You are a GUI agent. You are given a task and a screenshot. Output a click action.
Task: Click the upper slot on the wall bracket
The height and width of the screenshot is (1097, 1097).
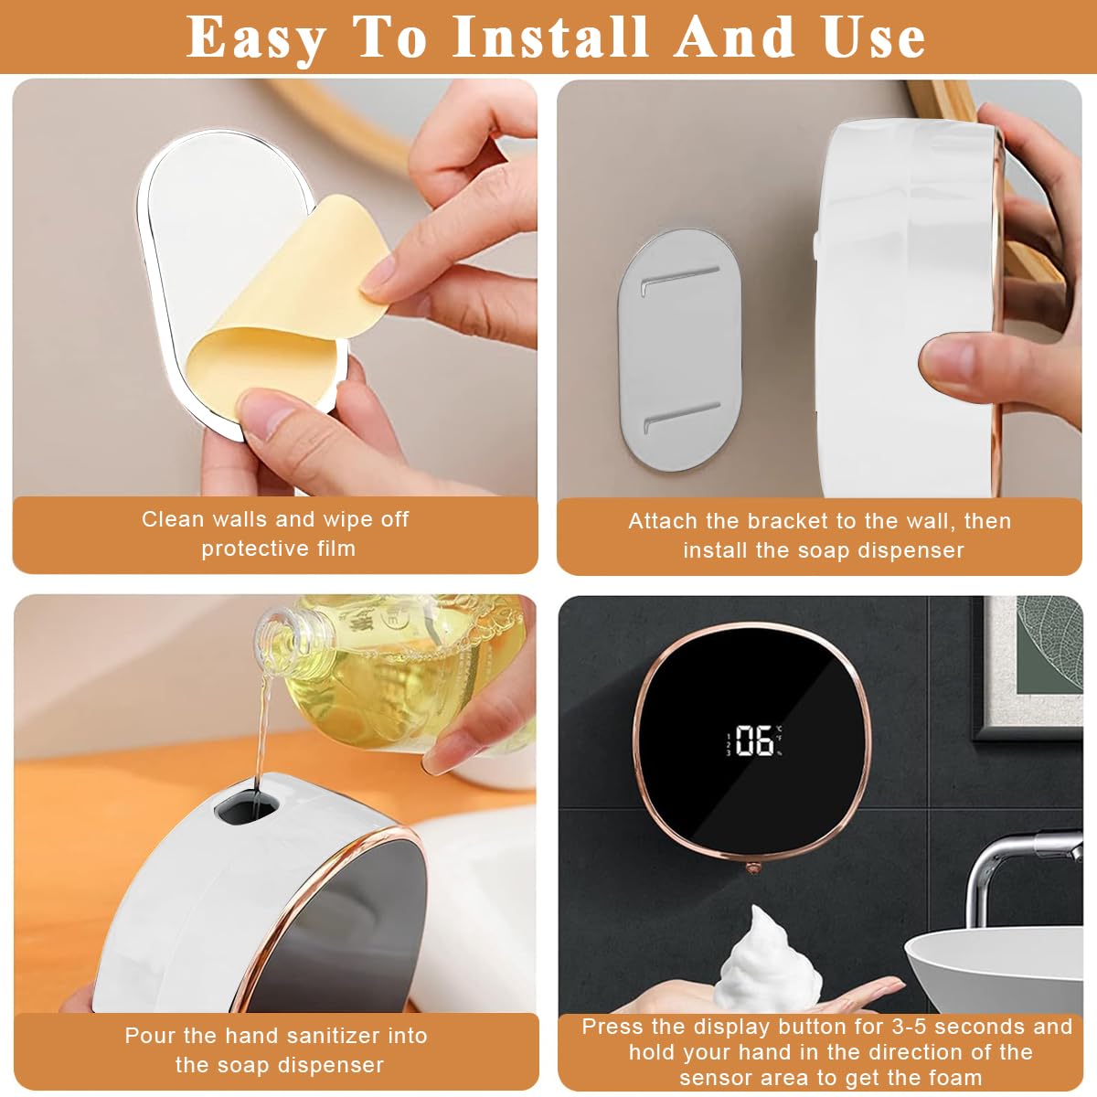click(681, 279)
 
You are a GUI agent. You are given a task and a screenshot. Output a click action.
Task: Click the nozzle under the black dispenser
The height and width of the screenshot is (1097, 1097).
click(752, 865)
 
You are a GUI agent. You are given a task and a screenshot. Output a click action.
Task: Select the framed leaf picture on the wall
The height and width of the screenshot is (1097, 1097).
click(1028, 667)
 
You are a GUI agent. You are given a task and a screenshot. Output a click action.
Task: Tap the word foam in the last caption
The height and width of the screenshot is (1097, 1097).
click(954, 1077)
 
